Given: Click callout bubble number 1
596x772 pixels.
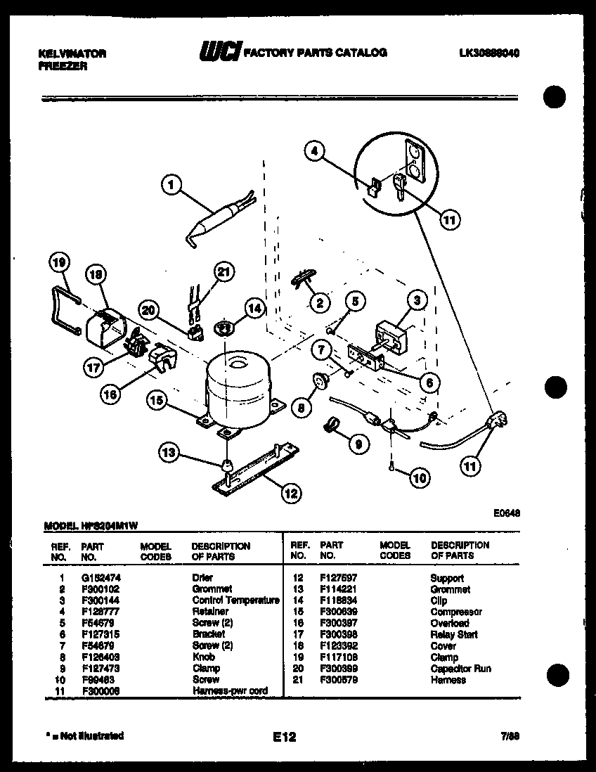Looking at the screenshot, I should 169,185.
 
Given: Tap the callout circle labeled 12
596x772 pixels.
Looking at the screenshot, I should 290,493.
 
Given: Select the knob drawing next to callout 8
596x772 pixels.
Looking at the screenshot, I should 321,381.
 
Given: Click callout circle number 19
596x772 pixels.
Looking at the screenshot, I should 60,264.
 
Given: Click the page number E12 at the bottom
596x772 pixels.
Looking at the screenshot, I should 285,737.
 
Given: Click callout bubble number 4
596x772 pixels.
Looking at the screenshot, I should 316,151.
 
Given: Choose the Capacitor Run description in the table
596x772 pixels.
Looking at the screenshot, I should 460,669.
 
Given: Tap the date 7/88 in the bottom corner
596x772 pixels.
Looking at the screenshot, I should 510,736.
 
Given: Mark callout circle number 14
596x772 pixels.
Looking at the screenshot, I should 254,307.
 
